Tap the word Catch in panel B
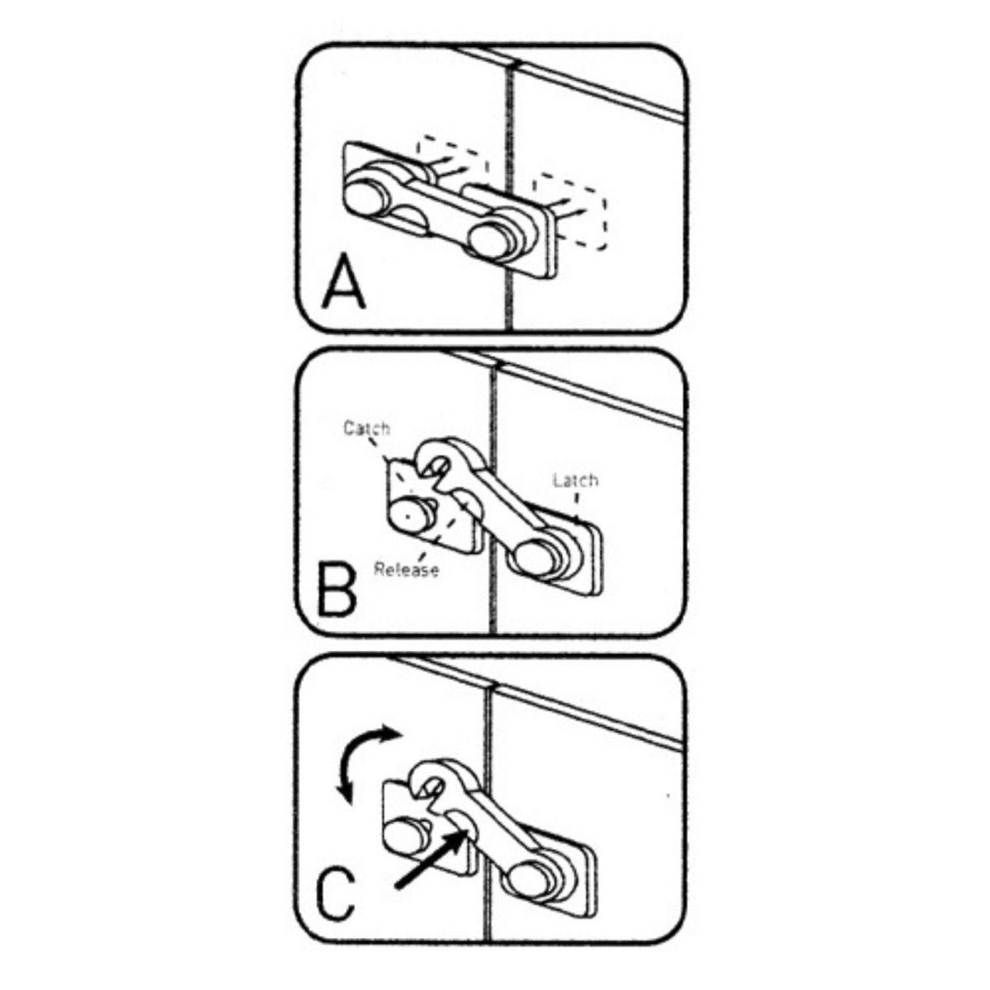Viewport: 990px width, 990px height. click(x=366, y=428)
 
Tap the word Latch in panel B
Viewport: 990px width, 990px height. click(x=575, y=479)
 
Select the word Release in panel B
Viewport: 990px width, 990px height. click(x=406, y=569)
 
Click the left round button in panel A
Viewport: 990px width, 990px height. click(x=367, y=198)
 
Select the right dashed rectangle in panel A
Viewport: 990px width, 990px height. click(x=571, y=210)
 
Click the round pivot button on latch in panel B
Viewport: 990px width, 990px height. click(x=534, y=556)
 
